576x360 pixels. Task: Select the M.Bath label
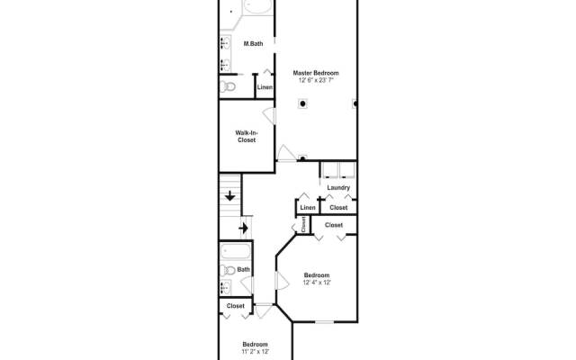pos(253,43)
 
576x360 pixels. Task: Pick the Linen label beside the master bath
pos(265,87)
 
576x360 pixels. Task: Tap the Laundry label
pos(338,187)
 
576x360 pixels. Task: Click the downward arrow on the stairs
pos(230,195)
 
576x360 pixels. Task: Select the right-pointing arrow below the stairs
pos(242,229)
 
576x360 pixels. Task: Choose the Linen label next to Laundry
pos(308,208)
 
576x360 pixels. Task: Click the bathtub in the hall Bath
pos(236,251)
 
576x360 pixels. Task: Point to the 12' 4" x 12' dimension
pos(316,283)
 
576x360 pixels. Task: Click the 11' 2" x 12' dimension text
pos(255,351)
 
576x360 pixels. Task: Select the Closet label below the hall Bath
pos(236,306)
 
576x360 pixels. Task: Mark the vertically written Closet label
pos(304,226)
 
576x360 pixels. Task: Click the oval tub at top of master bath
pos(256,7)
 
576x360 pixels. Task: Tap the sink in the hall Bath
pos(226,287)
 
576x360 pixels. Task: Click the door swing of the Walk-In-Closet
pos(268,114)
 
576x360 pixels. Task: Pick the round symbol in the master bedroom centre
pos(303,104)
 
